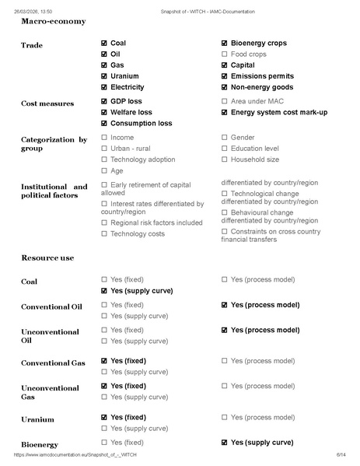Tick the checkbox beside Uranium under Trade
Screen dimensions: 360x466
pyautogui.click(x=105, y=76)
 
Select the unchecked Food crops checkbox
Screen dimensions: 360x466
pyautogui.click(x=225, y=54)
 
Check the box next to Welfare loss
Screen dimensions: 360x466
pyautogui.click(x=105, y=113)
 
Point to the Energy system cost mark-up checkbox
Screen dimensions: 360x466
pyautogui.click(x=225, y=113)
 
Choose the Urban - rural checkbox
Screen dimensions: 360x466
pyautogui.click(x=105, y=149)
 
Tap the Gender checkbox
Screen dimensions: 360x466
pyautogui.click(x=225, y=138)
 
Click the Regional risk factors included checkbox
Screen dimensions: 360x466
pyautogui.click(x=105, y=222)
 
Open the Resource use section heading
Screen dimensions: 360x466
pyautogui.click(x=47, y=257)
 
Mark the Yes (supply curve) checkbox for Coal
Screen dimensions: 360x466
pyautogui.click(x=105, y=290)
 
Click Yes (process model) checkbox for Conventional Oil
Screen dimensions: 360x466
pyautogui.click(x=225, y=305)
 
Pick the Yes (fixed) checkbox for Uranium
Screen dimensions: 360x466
pyautogui.click(x=105, y=417)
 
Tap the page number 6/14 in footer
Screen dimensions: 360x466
pyautogui.click(x=341, y=454)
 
